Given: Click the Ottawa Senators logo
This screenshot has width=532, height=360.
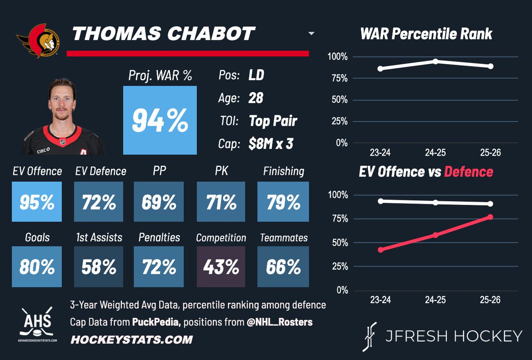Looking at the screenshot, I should point(38,40).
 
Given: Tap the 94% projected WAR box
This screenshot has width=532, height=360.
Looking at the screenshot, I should point(160,120).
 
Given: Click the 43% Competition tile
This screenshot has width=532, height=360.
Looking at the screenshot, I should point(220,266).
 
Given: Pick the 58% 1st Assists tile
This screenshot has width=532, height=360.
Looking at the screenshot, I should point(98,266).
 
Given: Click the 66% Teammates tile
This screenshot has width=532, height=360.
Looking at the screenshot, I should point(283,266).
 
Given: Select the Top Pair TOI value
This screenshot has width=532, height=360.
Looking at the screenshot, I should point(273,121).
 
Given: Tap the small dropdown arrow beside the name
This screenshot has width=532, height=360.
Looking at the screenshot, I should point(311,34).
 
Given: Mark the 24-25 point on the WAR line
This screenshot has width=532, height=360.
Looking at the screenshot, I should point(435,61).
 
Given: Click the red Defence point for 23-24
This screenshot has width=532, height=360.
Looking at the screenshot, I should point(380,250).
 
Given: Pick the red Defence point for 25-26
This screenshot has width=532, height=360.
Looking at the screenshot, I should point(490,217).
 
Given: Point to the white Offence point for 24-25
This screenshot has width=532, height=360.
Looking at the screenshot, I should point(435,202).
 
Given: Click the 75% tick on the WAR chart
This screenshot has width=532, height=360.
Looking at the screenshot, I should point(338,78).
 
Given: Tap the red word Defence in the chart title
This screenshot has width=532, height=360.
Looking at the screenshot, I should point(469,172).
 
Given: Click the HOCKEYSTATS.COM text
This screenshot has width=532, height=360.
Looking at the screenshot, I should point(132,340).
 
